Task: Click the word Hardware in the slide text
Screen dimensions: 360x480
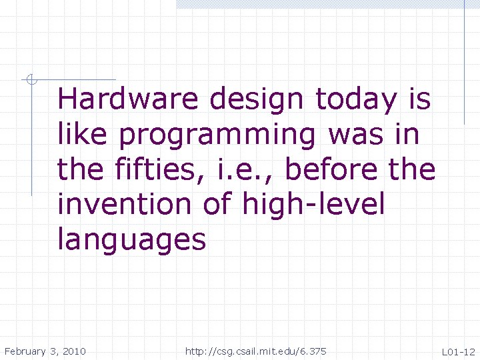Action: coord(128,100)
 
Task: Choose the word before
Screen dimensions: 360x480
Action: coord(330,169)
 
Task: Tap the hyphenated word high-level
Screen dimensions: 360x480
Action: coord(314,204)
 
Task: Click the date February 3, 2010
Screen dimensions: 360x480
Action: coord(45,351)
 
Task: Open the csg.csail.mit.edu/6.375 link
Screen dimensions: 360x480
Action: coord(256,351)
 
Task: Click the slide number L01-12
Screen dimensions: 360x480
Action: coord(457,351)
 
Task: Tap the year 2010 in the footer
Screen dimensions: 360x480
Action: coord(74,351)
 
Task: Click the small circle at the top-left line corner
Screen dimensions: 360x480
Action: coord(30,81)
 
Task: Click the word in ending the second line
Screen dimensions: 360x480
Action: coord(406,135)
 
